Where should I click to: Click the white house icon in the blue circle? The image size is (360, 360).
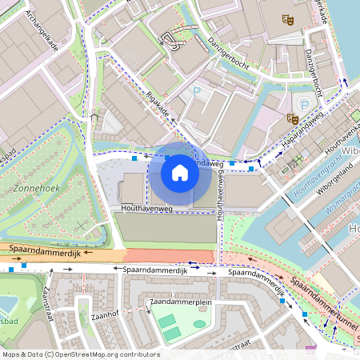tap(180, 172)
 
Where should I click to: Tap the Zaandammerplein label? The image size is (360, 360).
tap(181, 303)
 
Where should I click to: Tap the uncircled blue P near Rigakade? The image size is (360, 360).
tap(197, 92)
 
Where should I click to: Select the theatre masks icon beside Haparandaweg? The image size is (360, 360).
tap(293, 118)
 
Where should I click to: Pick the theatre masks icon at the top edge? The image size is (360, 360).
tap(286, 17)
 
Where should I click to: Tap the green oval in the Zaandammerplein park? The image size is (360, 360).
tap(199, 324)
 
